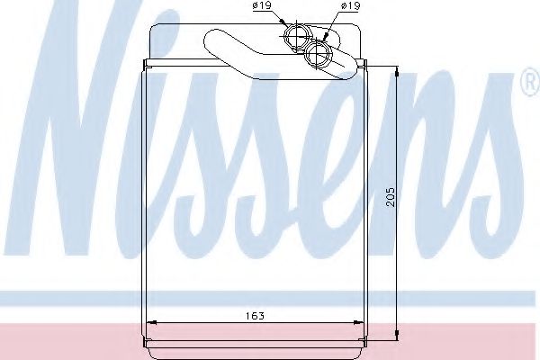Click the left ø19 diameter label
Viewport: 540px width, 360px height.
[263, 6]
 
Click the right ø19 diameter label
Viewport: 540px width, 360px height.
[350, 6]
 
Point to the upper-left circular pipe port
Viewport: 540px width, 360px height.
[296, 38]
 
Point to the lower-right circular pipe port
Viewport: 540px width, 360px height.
[318, 56]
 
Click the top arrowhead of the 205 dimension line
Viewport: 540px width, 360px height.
[396, 68]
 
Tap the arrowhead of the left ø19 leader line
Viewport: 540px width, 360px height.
[287, 28]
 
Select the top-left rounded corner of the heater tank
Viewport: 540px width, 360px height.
[153, 30]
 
